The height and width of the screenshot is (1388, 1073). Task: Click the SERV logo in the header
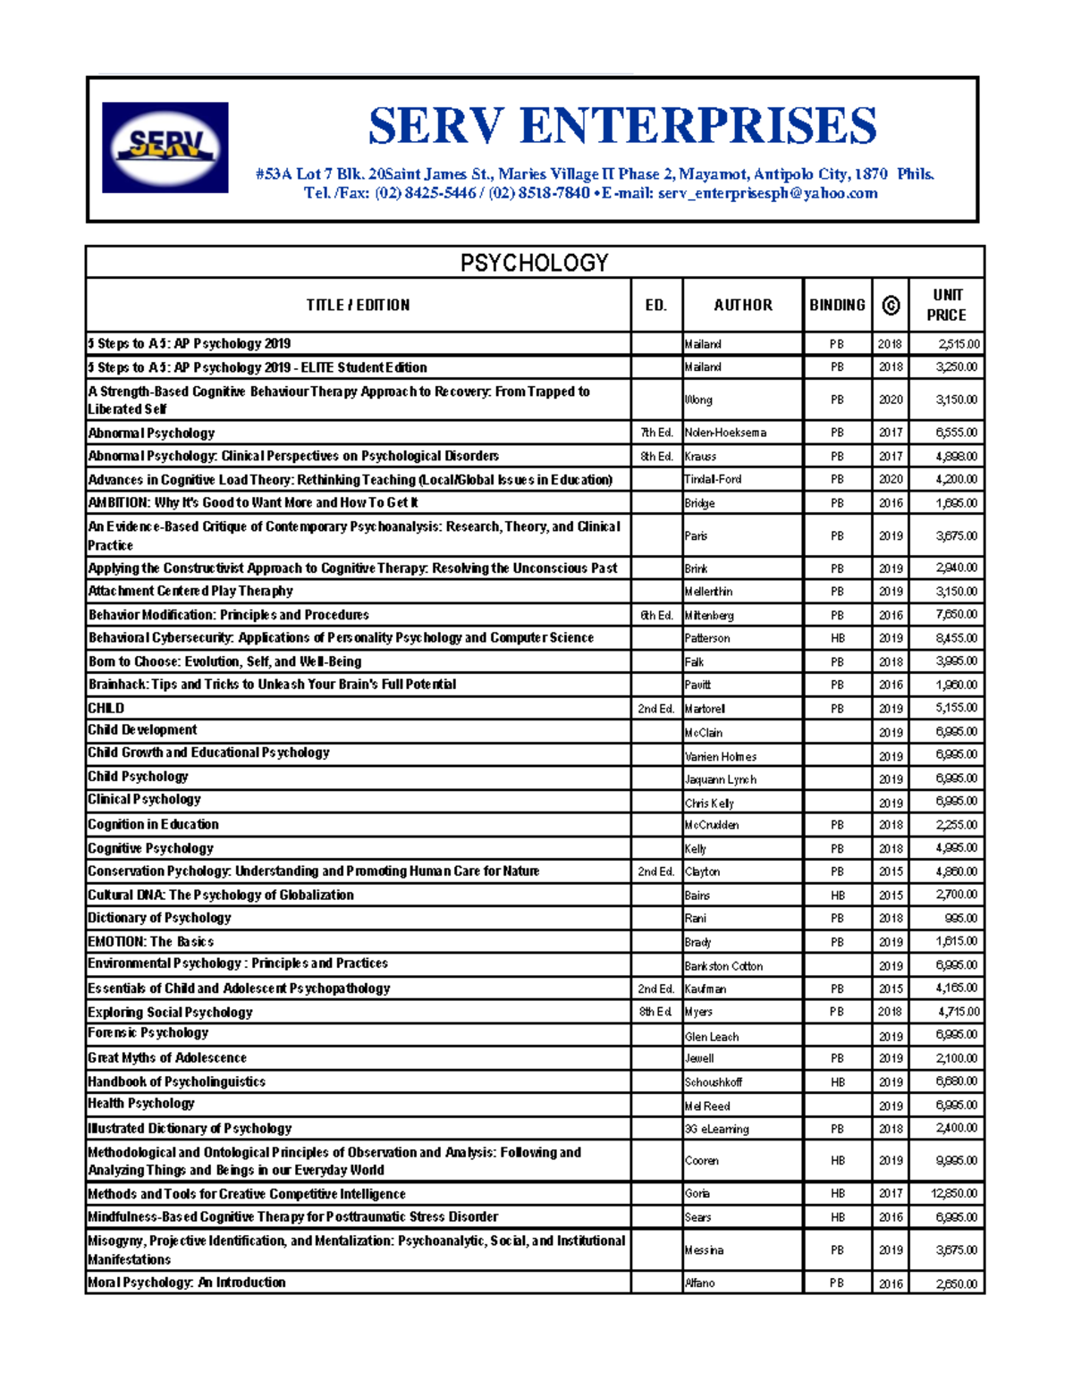tap(165, 147)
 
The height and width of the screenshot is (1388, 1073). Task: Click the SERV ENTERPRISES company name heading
tap(622, 125)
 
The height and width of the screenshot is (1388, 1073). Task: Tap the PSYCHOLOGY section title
tap(534, 263)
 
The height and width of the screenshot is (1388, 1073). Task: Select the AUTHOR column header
tap(742, 305)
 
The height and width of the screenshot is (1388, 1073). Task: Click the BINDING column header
tap(837, 305)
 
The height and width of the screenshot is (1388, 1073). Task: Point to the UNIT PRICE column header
tap(946, 305)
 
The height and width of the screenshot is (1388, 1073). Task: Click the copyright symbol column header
tap(891, 305)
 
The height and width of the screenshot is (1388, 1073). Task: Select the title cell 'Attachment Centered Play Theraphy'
tap(190, 591)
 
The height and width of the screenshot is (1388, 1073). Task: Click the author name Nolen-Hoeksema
tap(725, 433)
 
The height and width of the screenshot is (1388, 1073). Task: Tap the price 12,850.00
tap(954, 1193)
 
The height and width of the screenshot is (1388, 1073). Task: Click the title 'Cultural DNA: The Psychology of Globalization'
tap(221, 895)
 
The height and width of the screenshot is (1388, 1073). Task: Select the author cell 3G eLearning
tap(716, 1129)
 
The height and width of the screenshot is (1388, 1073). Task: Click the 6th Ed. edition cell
tap(656, 615)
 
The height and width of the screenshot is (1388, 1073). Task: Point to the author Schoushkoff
tap(713, 1082)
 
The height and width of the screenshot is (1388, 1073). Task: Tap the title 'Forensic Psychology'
tap(148, 1033)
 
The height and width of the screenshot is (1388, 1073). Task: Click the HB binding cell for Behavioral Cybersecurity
tap(837, 638)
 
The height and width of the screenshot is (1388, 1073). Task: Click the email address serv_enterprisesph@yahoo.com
tap(767, 193)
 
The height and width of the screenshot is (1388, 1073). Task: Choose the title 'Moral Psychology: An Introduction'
tap(187, 1283)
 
